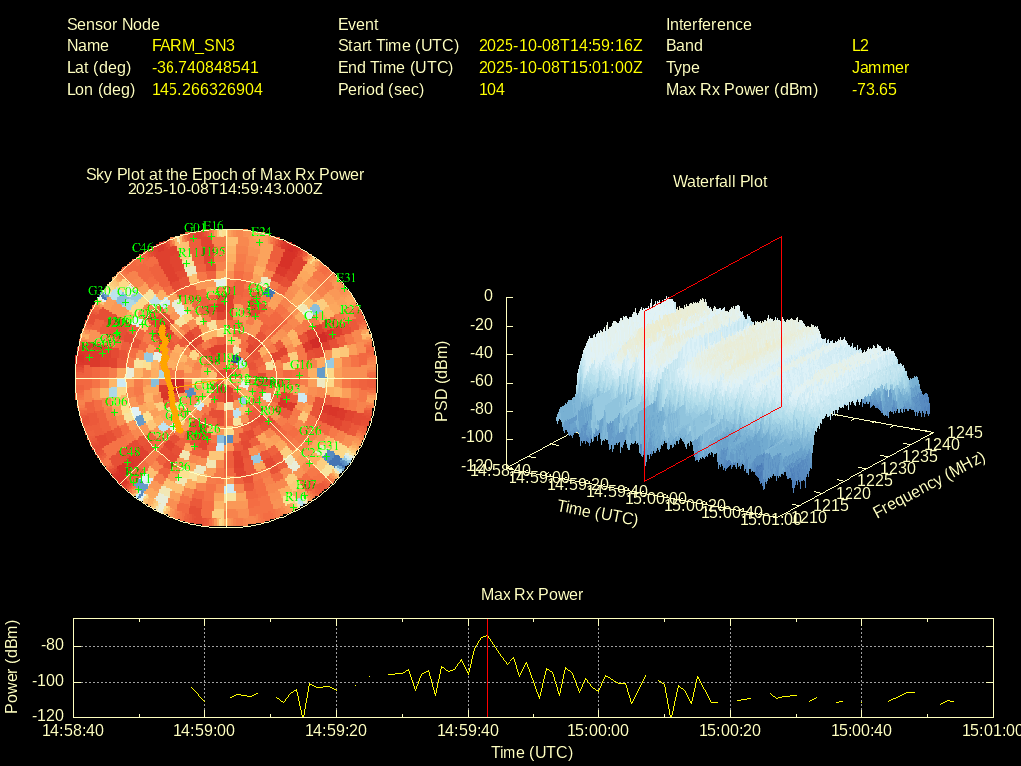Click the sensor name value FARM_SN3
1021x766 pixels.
pos(193,45)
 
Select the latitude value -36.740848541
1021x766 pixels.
pos(205,67)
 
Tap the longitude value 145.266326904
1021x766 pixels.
pos(207,89)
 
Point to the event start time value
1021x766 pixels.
pos(560,45)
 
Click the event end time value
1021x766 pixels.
pos(560,67)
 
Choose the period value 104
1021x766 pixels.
pos(492,89)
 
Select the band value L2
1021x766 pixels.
pos(860,45)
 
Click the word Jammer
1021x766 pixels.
pos(880,67)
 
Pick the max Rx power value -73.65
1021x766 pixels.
pos(874,89)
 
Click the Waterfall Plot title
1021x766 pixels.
pos(720,181)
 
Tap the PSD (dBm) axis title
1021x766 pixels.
pos(442,381)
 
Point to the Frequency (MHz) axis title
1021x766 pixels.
pos(929,484)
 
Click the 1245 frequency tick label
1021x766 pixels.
pos(965,432)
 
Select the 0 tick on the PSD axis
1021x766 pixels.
pos(488,296)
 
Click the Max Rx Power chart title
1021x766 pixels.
pos(531,594)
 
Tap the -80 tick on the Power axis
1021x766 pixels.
pos(52,645)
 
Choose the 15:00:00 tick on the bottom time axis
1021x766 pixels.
pos(598,730)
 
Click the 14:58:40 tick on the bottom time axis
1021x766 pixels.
pos(73,730)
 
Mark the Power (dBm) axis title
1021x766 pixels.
pos(12,666)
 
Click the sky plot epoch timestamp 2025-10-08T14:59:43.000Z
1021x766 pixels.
pos(225,189)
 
